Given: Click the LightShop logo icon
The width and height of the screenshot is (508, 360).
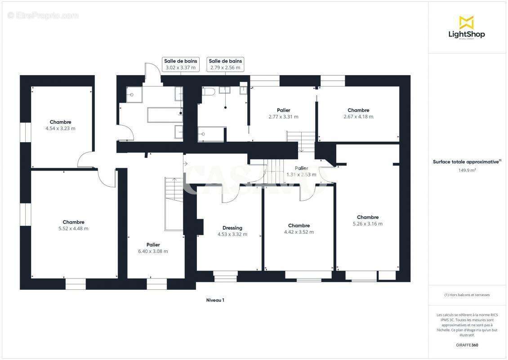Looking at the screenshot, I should [x=466, y=22].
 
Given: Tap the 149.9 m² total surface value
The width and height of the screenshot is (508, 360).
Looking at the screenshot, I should [x=468, y=171].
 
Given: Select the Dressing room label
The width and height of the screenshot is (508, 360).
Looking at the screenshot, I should [x=232, y=228].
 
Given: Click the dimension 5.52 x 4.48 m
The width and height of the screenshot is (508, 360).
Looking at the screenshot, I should [x=73, y=229].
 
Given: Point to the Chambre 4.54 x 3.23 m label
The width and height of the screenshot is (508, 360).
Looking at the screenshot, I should [x=60, y=125].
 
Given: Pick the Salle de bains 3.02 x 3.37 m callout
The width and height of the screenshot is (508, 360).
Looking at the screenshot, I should [x=180, y=64].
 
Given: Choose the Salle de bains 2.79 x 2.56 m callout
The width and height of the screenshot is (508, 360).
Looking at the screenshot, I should [x=225, y=64].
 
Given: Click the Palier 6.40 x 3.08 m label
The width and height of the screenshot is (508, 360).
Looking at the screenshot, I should [x=153, y=248].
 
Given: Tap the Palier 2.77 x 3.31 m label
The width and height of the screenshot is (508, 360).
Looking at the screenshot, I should [x=283, y=113].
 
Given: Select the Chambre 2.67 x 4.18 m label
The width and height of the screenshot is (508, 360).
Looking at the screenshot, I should [x=358, y=113].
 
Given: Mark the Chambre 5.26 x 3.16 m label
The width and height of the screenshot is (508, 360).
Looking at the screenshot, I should [x=367, y=220].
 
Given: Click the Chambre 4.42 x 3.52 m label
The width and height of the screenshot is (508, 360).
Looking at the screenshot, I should [x=299, y=229].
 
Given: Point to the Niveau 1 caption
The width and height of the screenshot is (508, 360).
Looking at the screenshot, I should [x=215, y=300].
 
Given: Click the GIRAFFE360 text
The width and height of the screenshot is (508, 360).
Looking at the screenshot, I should [x=468, y=345].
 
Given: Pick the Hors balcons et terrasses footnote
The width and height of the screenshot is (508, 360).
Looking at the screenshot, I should [x=467, y=295].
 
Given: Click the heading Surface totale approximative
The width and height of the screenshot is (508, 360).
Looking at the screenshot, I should [x=467, y=162].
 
